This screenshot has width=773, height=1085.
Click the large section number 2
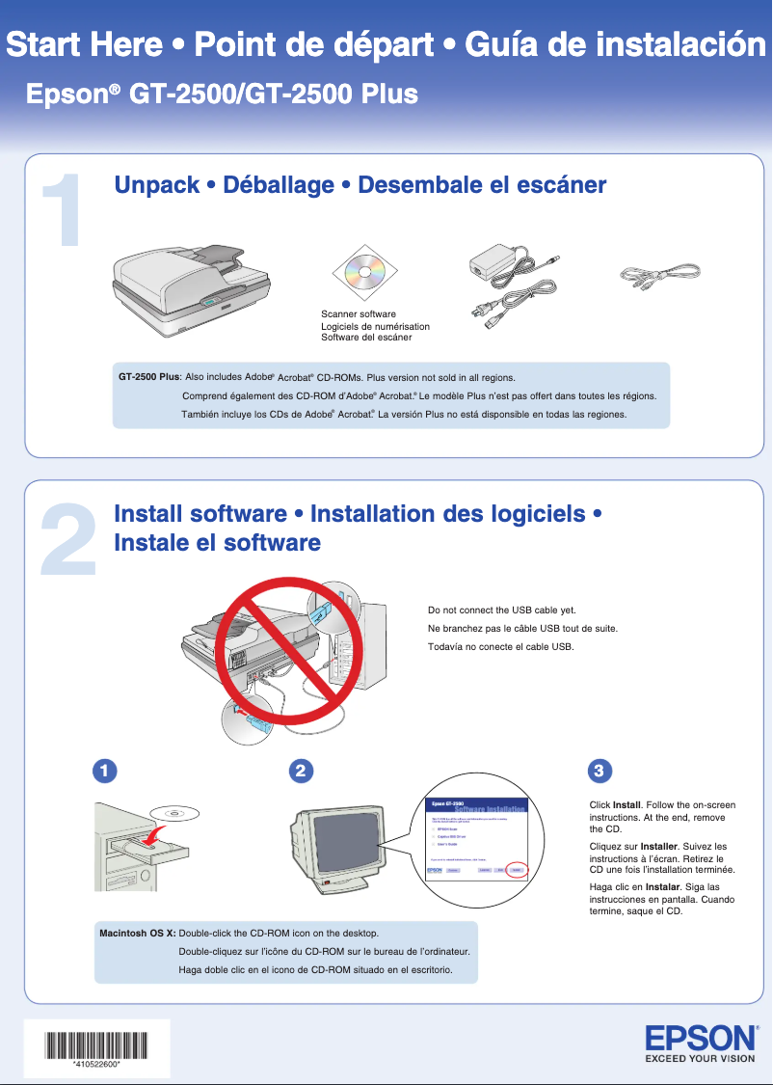(67, 541)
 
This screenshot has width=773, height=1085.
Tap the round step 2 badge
(302, 771)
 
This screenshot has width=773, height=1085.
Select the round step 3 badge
(599, 771)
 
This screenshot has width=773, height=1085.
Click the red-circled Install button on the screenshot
(517, 869)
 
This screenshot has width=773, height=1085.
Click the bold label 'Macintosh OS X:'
(138, 934)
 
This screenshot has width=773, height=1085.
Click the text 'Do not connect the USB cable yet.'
(501, 610)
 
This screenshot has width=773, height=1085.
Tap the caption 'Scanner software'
(358, 314)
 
